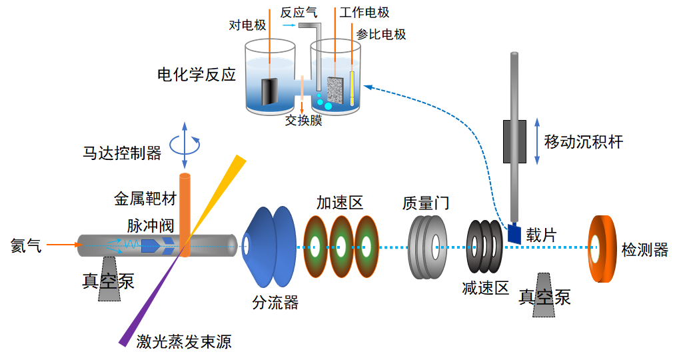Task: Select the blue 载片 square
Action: (514, 233)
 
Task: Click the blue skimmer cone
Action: (270, 243)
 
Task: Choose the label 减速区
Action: (485, 288)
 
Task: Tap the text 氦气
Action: (26, 245)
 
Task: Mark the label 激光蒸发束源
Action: (184, 342)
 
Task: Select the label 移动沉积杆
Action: (584, 141)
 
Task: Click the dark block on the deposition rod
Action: (514, 141)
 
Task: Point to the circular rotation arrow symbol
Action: (185, 143)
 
